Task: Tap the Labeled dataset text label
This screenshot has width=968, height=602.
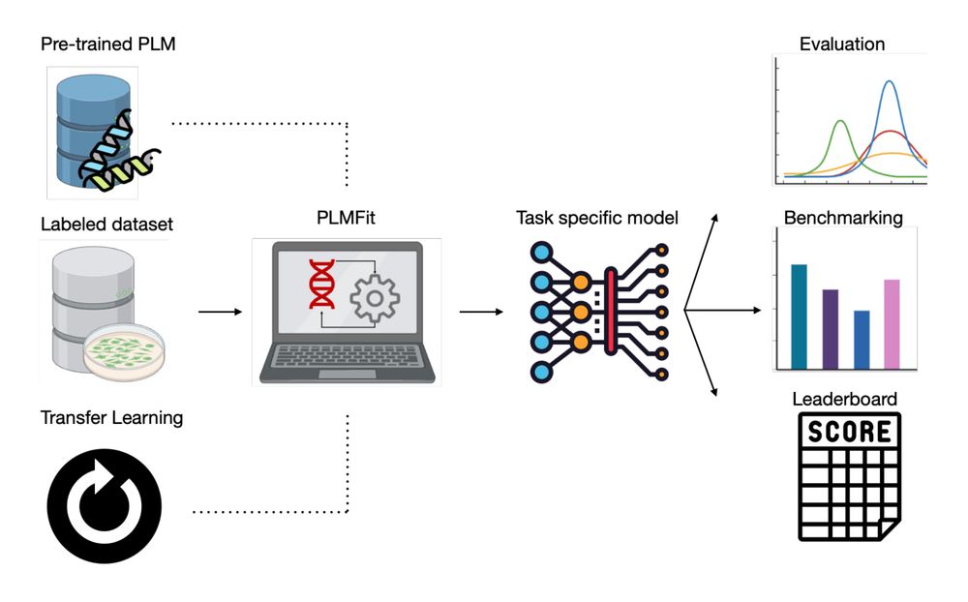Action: (106, 225)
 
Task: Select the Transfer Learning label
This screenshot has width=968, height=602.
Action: (111, 418)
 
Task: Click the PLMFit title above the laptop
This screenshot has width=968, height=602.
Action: (346, 219)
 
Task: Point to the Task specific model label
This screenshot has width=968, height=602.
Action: (597, 218)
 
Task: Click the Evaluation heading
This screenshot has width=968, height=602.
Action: (841, 44)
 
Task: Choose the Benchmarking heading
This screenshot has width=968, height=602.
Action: (843, 218)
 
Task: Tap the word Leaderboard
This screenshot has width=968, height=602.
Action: (844, 399)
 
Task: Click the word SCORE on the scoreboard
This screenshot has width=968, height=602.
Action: (849, 431)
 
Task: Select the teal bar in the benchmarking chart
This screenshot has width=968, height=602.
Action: (799, 316)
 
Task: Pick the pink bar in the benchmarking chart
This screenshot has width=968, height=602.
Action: (892, 323)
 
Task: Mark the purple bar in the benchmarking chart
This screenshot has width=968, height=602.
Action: (830, 328)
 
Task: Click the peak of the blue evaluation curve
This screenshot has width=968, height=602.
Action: (889, 82)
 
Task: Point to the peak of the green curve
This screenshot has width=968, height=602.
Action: (840, 122)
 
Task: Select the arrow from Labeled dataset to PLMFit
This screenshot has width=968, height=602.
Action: (219, 312)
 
